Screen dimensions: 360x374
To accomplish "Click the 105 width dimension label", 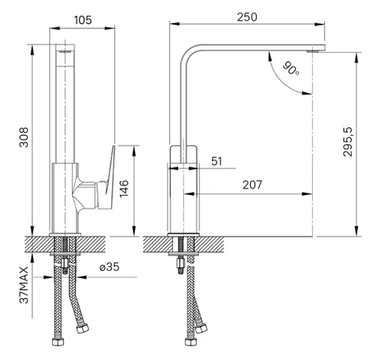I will tap(82, 20).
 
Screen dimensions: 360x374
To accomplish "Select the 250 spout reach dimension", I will tap(247, 17).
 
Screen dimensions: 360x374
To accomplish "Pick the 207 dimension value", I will tap(252, 185).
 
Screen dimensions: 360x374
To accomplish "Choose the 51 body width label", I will tap(217, 161).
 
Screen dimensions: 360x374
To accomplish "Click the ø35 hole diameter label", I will tap(110, 267).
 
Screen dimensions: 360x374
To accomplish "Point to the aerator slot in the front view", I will tap(65, 52).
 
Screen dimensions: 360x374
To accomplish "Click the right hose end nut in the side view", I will tap(202, 328).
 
